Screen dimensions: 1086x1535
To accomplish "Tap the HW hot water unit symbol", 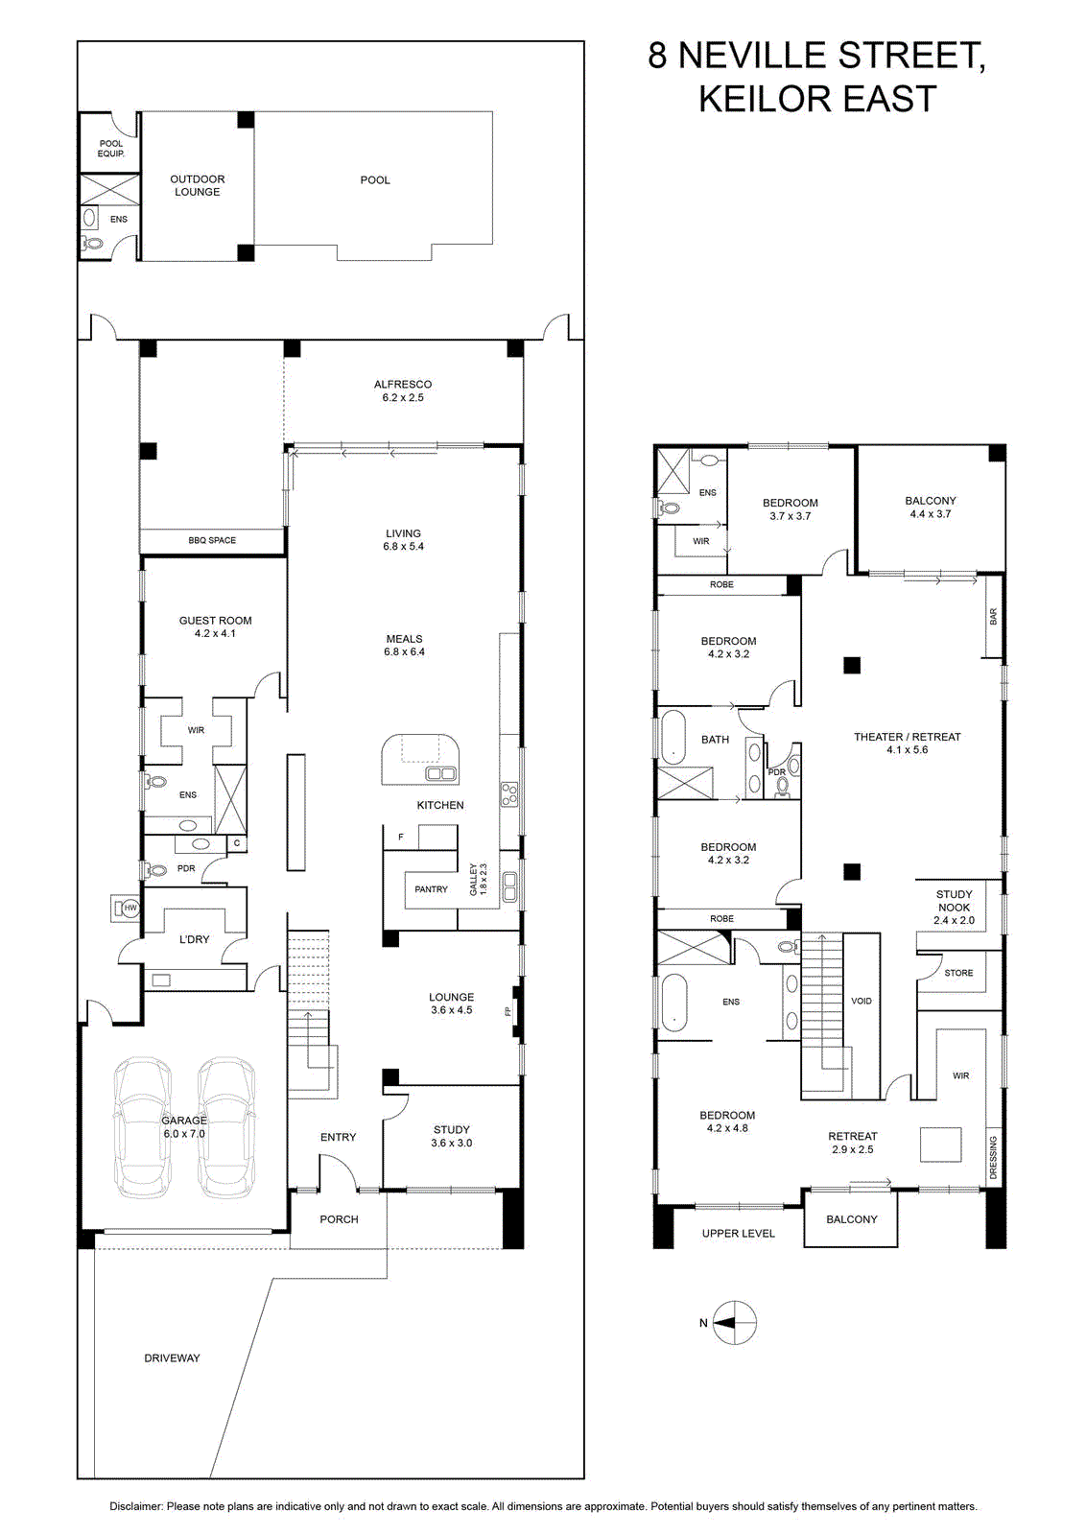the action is (x=130, y=909).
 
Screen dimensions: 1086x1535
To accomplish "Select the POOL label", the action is (x=375, y=180).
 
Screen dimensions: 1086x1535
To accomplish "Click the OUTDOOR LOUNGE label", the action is (x=198, y=186).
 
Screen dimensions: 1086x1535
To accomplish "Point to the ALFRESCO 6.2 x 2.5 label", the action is (x=403, y=390).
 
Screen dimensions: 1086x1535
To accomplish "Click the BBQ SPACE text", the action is (x=212, y=540).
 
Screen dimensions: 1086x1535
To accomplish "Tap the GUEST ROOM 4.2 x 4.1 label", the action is (x=215, y=627).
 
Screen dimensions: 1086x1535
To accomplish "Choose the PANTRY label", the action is (x=431, y=888).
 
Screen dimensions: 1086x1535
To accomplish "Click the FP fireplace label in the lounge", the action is (x=508, y=1010).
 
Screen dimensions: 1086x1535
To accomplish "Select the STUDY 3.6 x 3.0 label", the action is (x=452, y=1136).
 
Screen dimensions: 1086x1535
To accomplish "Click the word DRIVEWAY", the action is (x=172, y=1358).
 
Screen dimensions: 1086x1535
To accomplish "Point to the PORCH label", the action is (x=340, y=1219).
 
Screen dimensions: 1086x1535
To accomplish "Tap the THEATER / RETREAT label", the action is (x=908, y=737).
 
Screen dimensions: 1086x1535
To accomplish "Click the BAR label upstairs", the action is (x=994, y=617).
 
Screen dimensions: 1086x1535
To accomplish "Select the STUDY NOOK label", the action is (x=954, y=901).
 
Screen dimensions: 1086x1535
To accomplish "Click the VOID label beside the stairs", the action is (x=862, y=1001).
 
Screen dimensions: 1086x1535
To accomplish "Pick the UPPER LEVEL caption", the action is (x=739, y=1234).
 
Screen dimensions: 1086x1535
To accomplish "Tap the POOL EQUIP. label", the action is (x=111, y=149).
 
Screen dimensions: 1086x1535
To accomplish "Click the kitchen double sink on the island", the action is (x=441, y=773).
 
